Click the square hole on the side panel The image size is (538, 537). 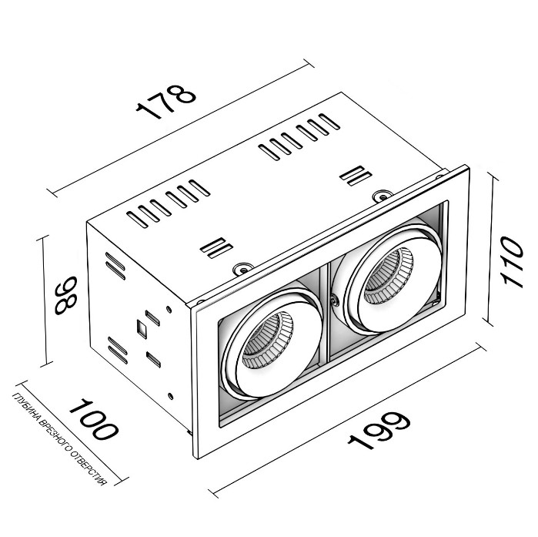(x=142, y=327)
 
